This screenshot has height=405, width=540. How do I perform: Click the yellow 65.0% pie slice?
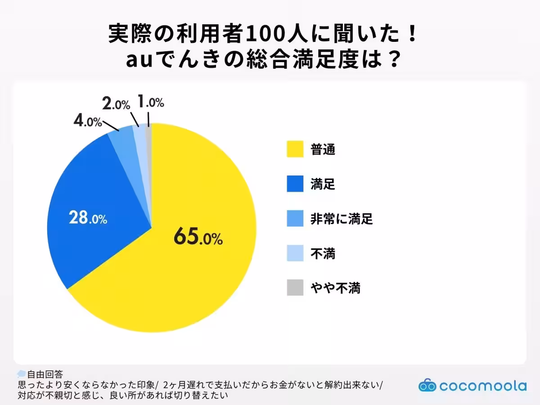[x=202, y=270]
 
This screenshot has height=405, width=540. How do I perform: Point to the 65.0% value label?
[x=198, y=238]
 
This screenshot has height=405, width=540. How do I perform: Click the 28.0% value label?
[x=88, y=218]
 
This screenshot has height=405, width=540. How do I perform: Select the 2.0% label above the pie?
[x=116, y=104]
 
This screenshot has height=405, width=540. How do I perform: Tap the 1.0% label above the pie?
[x=150, y=102]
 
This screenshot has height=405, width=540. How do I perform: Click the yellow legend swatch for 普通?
[x=295, y=149]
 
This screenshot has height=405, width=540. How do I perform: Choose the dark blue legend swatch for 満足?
[x=295, y=184]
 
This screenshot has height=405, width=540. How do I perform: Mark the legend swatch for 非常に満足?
[x=295, y=219]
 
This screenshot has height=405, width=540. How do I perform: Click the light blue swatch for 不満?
[x=295, y=253]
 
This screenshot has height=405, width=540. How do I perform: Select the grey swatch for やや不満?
[x=295, y=288]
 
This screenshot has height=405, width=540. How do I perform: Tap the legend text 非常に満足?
[x=342, y=219]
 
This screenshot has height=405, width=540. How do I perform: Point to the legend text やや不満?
[x=335, y=288]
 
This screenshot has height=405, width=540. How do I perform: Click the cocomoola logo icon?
[x=427, y=386]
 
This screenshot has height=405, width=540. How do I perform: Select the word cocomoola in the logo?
[x=483, y=386]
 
